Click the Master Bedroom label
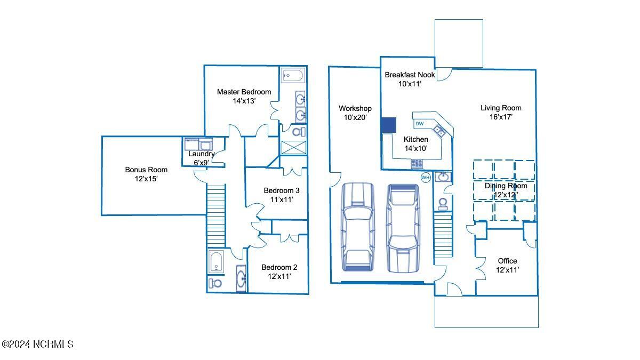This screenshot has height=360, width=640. [244, 92]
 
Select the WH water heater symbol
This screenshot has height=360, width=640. [426, 178]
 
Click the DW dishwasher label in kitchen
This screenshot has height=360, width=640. [420, 124]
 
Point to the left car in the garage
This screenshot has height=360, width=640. [358, 226]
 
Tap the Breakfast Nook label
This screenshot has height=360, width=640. [410, 75]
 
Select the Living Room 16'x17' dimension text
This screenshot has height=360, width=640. [501, 117]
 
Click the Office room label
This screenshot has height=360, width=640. [507, 261]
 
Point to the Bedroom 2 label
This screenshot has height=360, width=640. [279, 267]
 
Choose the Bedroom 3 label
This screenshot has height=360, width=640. [282, 190]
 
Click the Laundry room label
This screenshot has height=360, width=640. [202, 154]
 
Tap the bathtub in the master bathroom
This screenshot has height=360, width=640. [292, 75]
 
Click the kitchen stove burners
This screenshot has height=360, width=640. [417, 164]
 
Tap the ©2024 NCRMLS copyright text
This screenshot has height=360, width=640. [37, 345]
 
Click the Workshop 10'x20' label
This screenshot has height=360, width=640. [355, 113]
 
